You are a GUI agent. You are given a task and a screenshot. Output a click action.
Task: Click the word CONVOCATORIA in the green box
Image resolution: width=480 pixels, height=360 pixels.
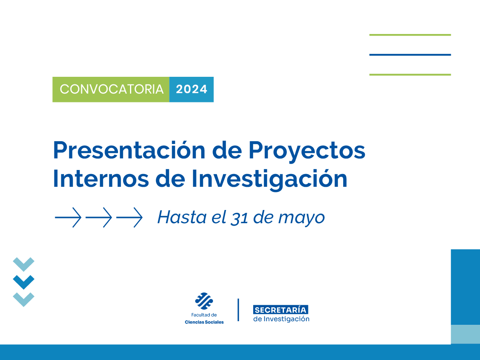pos(112,89)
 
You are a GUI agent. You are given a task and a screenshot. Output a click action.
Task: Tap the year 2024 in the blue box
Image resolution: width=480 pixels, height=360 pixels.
pos(192,89)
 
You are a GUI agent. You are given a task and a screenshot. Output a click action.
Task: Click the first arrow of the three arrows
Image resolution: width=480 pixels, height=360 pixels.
pos(68,218)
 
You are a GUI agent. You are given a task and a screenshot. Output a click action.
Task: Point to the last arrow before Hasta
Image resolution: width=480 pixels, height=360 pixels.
pos(129,218)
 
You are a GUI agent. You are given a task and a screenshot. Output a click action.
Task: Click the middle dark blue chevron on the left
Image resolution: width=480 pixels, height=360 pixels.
pos(24,282)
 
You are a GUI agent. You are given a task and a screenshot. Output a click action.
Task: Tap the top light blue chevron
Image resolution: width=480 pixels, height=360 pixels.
pos(24,264)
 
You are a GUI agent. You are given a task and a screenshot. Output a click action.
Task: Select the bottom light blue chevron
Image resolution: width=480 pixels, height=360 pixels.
pos(24,299)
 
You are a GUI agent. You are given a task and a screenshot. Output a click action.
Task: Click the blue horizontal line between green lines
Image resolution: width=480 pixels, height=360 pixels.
pos(410,55)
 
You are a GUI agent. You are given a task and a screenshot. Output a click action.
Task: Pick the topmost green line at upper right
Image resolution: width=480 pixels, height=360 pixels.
pos(410,35)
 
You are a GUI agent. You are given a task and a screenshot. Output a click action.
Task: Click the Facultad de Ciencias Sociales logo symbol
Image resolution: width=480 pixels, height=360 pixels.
pos(204,301)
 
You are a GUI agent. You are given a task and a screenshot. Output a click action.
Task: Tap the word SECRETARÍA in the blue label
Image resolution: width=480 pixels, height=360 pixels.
pos(281,310)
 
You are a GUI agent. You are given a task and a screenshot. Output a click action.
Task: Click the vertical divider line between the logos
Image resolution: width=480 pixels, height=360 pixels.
pos(238,310)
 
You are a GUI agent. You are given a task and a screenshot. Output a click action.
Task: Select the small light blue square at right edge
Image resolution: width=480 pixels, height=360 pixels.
pos(465,334)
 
